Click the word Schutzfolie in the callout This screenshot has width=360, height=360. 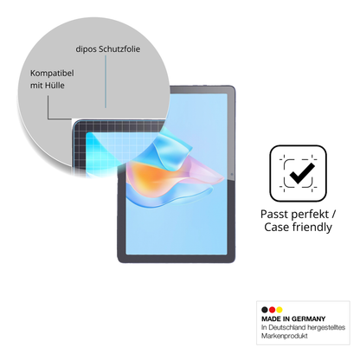pos(119,49)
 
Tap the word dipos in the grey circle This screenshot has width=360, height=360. pos(86,49)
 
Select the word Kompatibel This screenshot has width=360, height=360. pos(52,74)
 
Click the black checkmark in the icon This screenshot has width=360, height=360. pos(302,174)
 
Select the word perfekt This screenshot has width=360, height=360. pos(310,215)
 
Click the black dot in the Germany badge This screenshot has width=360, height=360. pos(265,310)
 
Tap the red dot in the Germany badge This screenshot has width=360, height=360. pos(272,310)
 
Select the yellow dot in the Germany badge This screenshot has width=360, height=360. pos(279,310)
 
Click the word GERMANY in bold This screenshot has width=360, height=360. pos(308,319)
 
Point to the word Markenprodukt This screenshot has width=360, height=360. pos(285,336)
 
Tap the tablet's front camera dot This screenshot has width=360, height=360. pos(232,175)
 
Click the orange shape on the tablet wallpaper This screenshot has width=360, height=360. pos(151,177)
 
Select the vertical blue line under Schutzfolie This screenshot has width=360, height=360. pos(106,81)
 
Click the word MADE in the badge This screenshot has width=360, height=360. pos(272,319)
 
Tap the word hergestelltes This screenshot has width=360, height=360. pos(326,327)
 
